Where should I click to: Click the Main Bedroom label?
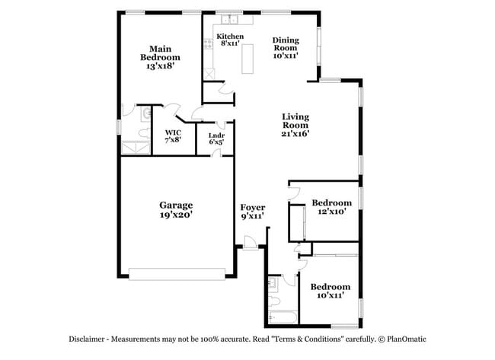[x=160, y=58]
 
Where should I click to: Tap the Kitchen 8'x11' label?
[x=230, y=40]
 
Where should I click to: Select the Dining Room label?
[x=286, y=47]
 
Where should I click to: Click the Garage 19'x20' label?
[x=176, y=209]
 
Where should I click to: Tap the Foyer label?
[x=252, y=212]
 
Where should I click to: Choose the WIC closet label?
[x=173, y=136]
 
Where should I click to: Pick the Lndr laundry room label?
[x=216, y=137]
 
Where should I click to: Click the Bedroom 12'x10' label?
[x=332, y=207]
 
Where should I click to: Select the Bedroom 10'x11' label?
[x=330, y=291]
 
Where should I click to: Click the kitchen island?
[x=248, y=58]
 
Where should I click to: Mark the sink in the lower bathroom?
[x=272, y=282]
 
